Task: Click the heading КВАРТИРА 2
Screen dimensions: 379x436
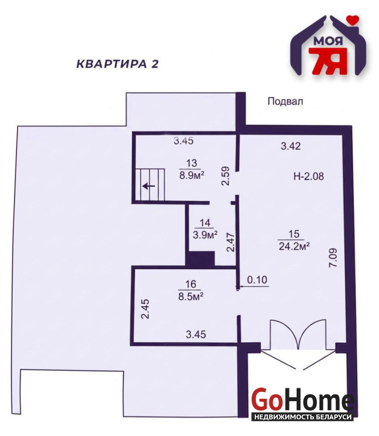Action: point(117,64)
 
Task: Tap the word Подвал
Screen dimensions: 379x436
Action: point(285,101)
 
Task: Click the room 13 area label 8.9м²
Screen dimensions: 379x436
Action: point(192,175)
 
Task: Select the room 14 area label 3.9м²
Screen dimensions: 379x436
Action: point(205,235)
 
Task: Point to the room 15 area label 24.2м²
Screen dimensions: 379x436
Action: point(294,246)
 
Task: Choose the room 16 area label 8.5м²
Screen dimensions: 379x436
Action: point(191,296)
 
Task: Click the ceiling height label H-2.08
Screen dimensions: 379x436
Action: point(309,176)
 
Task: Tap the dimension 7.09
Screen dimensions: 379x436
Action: point(333,258)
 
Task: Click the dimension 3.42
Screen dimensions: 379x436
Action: point(291,146)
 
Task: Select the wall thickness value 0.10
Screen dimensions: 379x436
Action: point(257,280)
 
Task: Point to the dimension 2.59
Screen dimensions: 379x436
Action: point(225,175)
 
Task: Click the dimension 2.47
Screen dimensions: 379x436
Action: point(231,243)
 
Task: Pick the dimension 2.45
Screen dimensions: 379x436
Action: point(145,309)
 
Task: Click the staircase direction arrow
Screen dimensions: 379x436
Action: point(149,185)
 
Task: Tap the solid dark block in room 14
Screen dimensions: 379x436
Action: point(200,258)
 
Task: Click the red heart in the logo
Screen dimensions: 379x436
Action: point(354,20)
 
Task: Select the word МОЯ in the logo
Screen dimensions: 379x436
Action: point(328,41)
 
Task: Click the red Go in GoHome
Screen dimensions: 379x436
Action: point(265,401)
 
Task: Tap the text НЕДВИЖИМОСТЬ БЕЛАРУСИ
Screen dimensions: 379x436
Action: point(302,417)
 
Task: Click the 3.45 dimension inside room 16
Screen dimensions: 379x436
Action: point(196,334)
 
